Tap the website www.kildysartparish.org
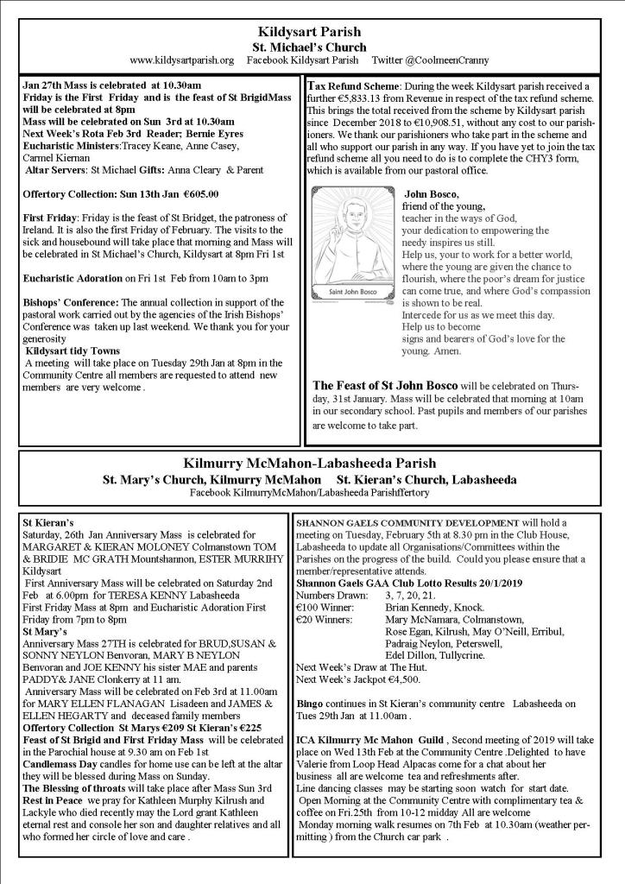(182, 60)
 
